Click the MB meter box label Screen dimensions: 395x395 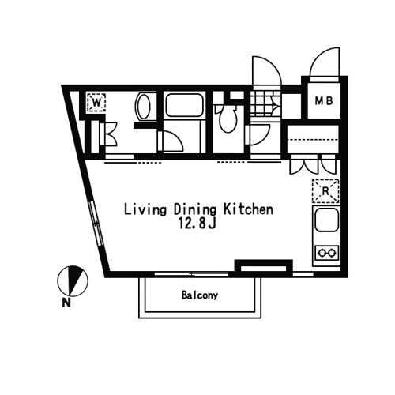(x=325, y=101)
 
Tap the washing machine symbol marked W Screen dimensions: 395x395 (x=96, y=103)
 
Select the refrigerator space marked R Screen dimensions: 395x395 (x=325, y=191)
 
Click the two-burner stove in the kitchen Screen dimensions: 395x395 (x=327, y=253)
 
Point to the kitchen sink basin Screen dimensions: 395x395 (x=326, y=220)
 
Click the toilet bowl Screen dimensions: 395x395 (x=228, y=118)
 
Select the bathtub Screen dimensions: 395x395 (x=184, y=105)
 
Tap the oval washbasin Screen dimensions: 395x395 (x=143, y=107)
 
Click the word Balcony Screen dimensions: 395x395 (x=200, y=295)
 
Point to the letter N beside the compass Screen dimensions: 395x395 (x=66, y=303)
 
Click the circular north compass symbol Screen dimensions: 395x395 (x=73, y=280)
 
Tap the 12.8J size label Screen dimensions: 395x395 (x=197, y=224)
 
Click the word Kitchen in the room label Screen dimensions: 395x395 (x=248, y=209)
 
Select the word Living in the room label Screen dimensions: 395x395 (x=145, y=210)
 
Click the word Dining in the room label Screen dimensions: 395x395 (x=195, y=210)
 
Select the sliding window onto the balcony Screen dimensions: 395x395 (x=191, y=274)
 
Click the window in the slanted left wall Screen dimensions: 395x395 (x=96, y=224)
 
